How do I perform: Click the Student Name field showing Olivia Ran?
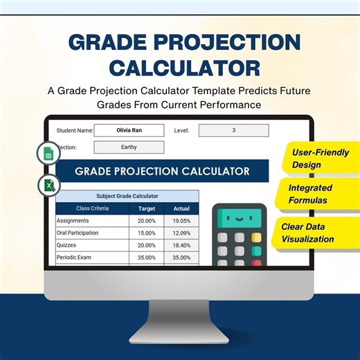[x=129, y=130]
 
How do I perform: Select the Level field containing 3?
[x=233, y=130]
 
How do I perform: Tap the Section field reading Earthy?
[x=129, y=147]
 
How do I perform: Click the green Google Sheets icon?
[x=49, y=154]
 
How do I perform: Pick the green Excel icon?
[x=49, y=185]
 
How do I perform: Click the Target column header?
[x=146, y=208]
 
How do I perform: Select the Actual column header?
[x=181, y=208]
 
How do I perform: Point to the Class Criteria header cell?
[x=92, y=208]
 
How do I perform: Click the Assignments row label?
[x=77, y=221]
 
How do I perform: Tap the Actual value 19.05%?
[x=181, y=221]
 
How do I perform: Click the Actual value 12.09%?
[x=181, y=233]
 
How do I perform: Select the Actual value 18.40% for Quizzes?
[x=181, y=245]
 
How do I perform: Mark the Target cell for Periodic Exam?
[x=146, y=258]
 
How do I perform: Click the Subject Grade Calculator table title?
[x=127, y=196]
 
